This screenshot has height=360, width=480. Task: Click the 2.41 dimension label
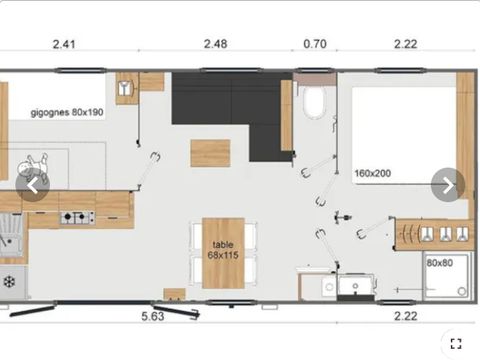64,44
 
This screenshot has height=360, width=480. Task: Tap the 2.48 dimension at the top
216,44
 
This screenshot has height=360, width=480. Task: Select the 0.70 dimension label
315,44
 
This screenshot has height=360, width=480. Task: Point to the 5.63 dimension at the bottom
153,316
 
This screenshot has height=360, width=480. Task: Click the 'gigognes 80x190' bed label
67,112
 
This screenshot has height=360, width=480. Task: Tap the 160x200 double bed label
373,173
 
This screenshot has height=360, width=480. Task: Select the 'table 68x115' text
223,250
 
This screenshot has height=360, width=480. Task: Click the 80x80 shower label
440,263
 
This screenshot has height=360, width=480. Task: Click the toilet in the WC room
314,102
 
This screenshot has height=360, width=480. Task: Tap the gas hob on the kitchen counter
78,217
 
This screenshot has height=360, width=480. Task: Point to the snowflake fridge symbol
9,282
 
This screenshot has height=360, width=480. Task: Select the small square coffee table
210,153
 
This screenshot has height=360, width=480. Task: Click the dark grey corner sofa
228,107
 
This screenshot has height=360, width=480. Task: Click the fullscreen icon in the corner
456,344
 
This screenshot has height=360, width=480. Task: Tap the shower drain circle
462,292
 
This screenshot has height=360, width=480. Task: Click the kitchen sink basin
10,235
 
